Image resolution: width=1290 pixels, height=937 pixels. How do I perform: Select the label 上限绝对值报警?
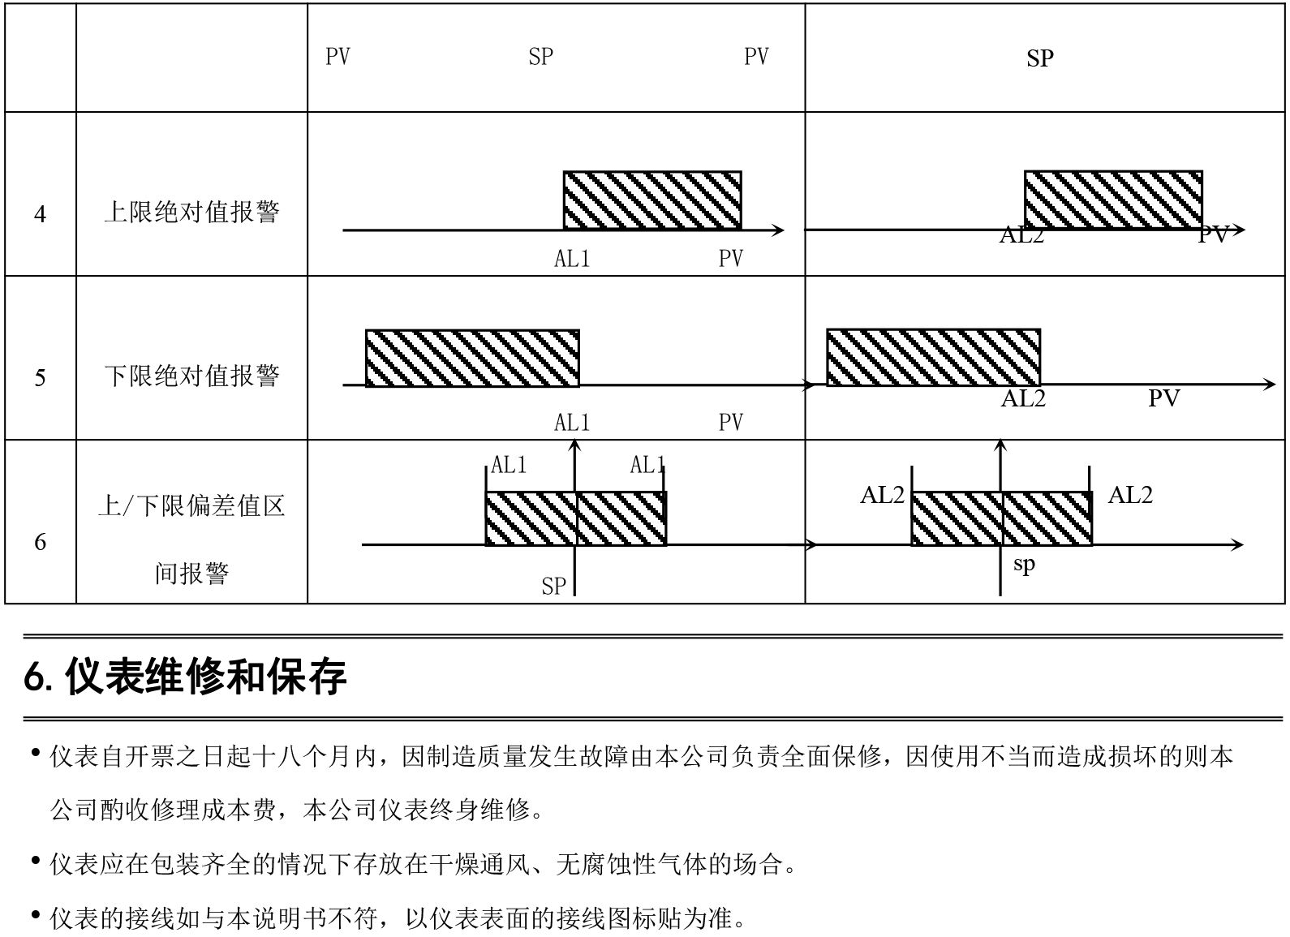point(191,212)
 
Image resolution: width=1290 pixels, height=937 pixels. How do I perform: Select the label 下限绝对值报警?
point(191,376)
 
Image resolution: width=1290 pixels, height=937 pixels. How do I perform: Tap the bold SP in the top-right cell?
point(1040,58)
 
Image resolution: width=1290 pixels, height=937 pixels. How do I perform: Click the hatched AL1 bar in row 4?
point(652,200)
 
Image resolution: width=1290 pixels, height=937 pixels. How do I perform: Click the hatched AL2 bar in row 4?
point(1113,200)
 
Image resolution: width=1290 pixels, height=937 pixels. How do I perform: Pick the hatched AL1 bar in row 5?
point(472,359)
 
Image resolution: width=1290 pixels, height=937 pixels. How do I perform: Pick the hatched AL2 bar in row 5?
point(934,357)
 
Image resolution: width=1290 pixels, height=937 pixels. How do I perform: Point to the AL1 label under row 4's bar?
point(572,259)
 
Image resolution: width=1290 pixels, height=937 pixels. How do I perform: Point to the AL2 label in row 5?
point(1023,398)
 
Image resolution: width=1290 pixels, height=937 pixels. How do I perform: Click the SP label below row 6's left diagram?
point(554,587)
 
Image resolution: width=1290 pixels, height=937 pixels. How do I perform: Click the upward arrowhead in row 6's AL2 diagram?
point(1000,444)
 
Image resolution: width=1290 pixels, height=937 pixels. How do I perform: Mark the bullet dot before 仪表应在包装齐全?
point(36,861)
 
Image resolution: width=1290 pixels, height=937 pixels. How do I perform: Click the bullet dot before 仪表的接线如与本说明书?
point(36,914)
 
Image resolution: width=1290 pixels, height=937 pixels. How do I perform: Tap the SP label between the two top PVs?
point(541,57)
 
